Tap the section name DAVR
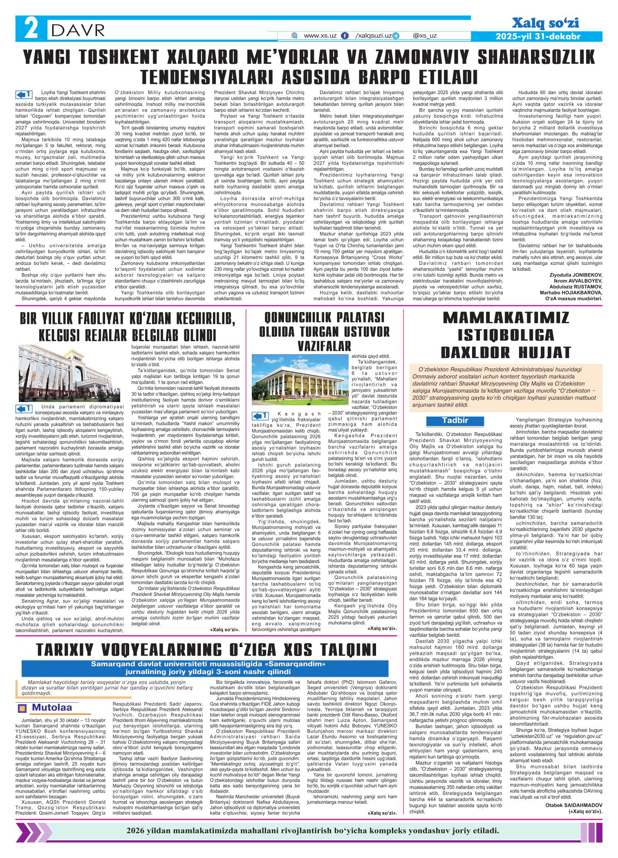[78, 29]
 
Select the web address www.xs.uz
[320, 36]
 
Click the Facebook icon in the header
[346, 36]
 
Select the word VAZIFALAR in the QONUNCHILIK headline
[325, 346]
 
